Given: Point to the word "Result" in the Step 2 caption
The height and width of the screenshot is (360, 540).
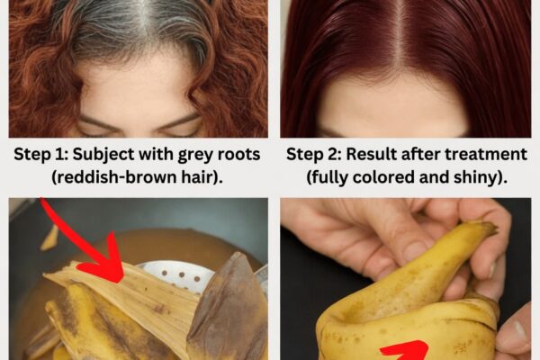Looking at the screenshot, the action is coord(371,154).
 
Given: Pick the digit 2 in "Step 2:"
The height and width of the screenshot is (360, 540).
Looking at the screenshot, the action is coord(333,154).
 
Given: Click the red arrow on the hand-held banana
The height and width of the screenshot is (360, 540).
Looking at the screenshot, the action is coord(405,351).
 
